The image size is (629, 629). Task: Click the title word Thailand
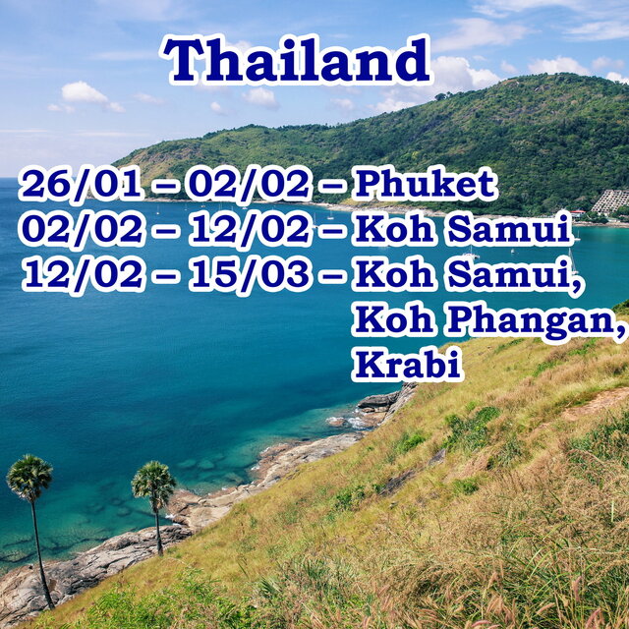pos(296,59)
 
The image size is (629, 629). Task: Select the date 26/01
pos(82,185)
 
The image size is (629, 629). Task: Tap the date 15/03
pos(250,275)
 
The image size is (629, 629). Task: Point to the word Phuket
pos(426,184)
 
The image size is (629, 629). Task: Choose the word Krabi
pos(408,365)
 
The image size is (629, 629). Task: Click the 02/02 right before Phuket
pos(250,185)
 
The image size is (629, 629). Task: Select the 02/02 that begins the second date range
pos(82,230)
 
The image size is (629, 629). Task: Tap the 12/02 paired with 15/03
pos(82,275)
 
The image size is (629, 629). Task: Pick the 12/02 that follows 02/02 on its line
pos(250,230)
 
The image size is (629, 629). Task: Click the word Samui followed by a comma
pos(514,276)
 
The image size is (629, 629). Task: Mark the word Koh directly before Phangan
pos(394,319)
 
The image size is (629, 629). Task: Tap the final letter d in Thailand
pos(413,59)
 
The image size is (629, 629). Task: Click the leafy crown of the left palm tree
pos(29,477)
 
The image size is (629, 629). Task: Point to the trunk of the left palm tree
pos(41,553)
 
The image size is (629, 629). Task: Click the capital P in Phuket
pos(369,184)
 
